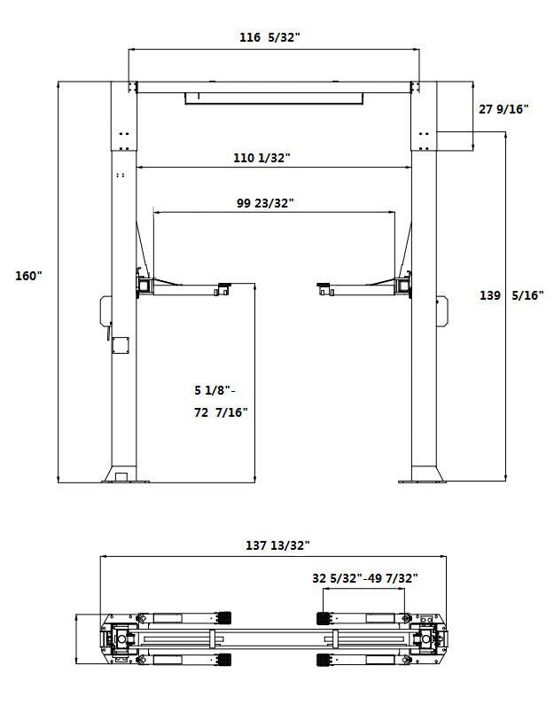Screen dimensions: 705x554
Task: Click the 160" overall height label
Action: pyautogui.click(x=28, y=276)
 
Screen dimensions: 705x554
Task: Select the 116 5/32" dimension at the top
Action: pyautogui.click(x=271, y=38)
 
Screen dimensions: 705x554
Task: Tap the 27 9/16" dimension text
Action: pyautogui.click(x=503, y=109)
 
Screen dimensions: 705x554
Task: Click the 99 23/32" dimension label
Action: pyautogui.click(x=265, y=203)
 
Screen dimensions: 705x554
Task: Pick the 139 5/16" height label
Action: pyautogui.click(x=511, y=295)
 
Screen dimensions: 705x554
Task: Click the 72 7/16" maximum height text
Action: pyautogui.click(x=221, y=412)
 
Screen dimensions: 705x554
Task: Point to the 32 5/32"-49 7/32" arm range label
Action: pyautogui.click(x=365, y=578)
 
